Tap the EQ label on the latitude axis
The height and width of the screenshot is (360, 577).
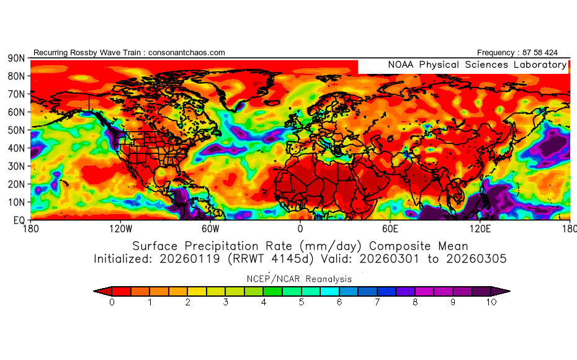(19, 220)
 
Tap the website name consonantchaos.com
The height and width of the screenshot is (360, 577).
(187, 53)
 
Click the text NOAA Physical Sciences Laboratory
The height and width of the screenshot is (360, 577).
(476, 65)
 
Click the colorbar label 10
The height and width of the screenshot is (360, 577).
(491, 302)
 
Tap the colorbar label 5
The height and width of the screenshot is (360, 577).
(302, 302)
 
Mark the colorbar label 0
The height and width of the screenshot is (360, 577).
(112, 302)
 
